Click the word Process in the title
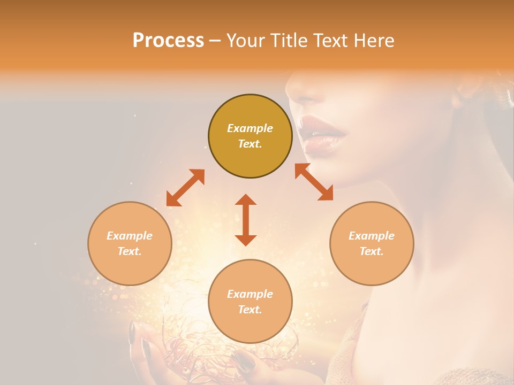[x=168, y=41]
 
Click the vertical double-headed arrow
[x=246, y=220]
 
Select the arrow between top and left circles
[x=185, y=188]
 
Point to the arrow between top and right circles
[x=314, y=182]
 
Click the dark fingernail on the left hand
[x=132, y=332]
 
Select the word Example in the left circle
[x=130, y=236]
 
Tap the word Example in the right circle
[x=372, y=236]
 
